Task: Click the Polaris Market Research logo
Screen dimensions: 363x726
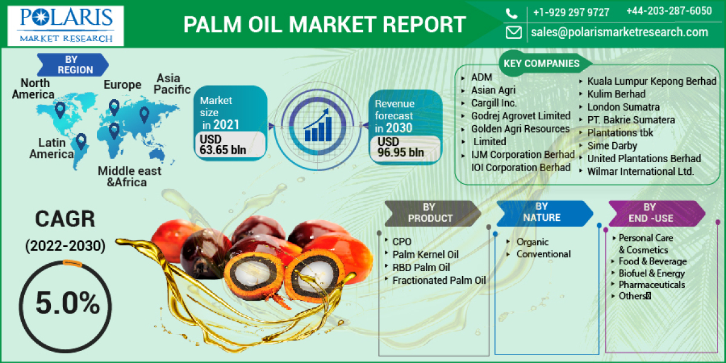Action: tap(65, 25)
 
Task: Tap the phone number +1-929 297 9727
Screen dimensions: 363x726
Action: tap(571, 12)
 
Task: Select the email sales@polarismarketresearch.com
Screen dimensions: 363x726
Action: tap(620, 32)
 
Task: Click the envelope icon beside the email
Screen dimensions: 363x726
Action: tap(514, 32)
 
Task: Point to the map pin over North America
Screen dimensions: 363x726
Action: tap(59, 110)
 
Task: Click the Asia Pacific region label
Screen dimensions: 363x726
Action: tap(169, 83)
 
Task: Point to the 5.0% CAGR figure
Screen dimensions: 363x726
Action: tap(67, 302)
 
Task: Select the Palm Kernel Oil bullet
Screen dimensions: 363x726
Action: tap(425, 254)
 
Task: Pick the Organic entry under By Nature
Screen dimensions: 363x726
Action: tap(532, 242)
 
